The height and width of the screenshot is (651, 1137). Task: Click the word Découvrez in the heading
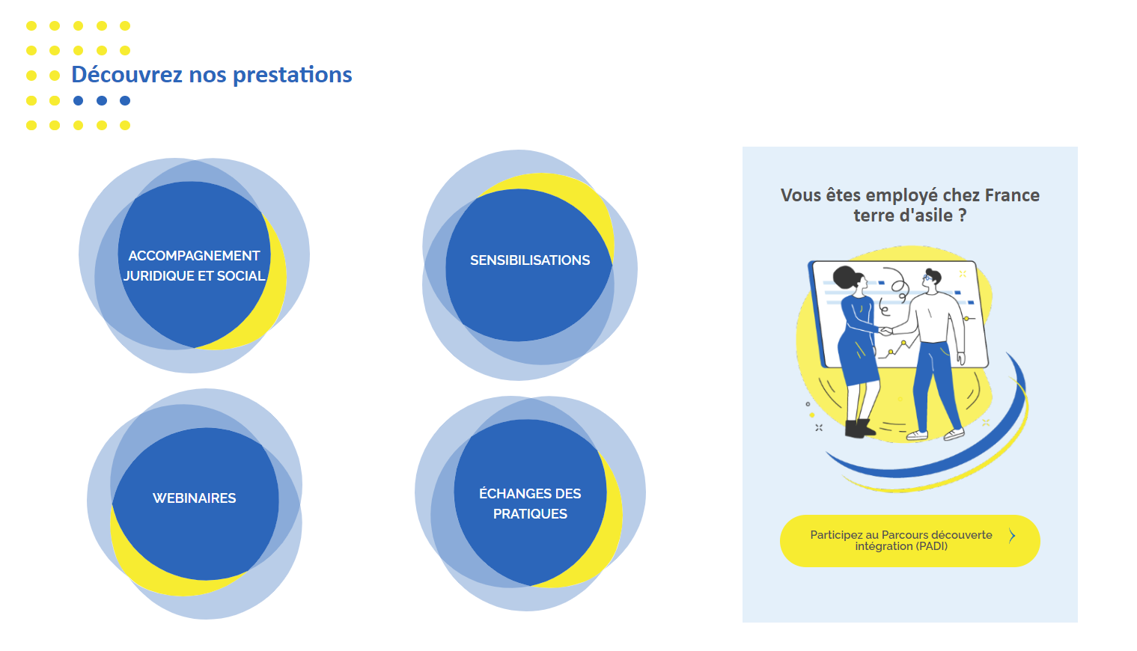(x=127, y=75)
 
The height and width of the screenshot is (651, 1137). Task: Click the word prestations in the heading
(x=293, y=75)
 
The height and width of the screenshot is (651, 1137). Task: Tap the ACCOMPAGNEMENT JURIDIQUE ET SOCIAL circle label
(x=195, y=266)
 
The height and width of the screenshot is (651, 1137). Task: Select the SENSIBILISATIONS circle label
(x=530, y=260)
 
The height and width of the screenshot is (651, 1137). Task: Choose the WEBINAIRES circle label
(x=195, y=498)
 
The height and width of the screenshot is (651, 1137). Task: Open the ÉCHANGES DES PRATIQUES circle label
(x=530, y=504)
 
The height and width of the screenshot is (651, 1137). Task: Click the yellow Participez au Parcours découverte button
(x=909, y=541)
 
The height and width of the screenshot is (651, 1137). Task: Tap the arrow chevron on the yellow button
(x=1012, y=536)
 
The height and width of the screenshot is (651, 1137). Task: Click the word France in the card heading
(x=1012, y=195)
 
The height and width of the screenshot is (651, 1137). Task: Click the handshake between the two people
(x=885, y=331)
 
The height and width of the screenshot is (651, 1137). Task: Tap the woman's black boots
(x=859, y=428)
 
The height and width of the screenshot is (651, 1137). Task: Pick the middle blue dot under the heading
(x=102, y=100)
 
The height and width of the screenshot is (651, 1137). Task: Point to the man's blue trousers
(x=936, y=385)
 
